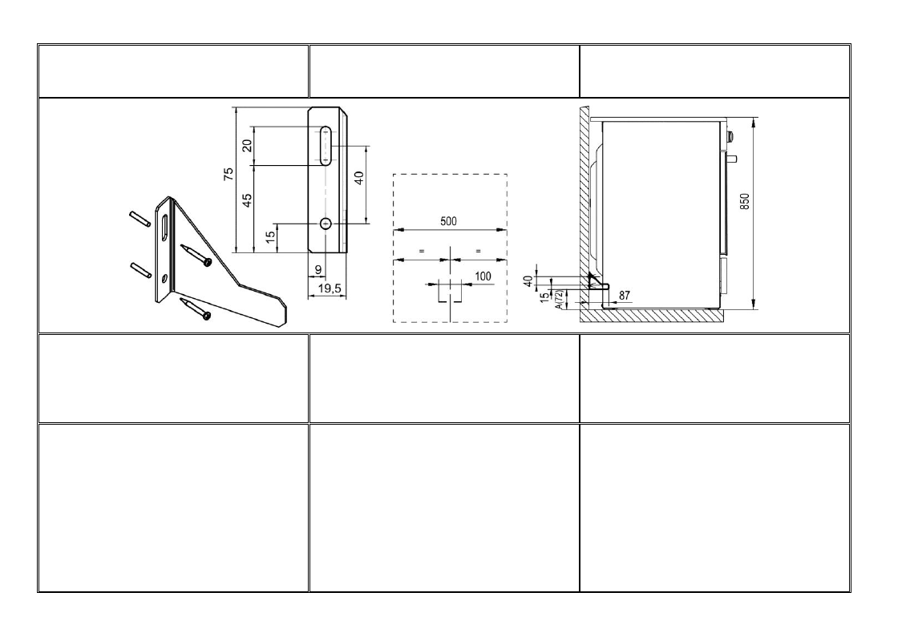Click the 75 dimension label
(229, 173)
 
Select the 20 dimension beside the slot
(247, 146)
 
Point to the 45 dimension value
(247, 200)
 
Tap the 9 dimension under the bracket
(318, 270)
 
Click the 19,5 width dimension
(329, 288)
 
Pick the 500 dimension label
(449, 221)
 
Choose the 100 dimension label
(483, 276)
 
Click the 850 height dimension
(745, 201)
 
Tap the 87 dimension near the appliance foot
(625, 296)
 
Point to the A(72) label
(560, 300)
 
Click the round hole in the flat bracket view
(326, 224)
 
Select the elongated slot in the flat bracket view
(326, 146)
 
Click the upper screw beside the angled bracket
(196, 256)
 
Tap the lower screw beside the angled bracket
(196, 309)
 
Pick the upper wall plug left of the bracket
(140, 219)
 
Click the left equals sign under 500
(422, 251)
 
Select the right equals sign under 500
(478, 251)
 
